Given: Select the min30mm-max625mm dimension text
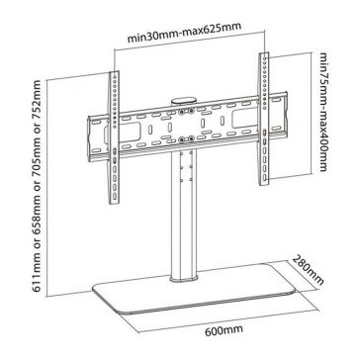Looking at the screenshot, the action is point(185,33).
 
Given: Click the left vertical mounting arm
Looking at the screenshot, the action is point(114,137).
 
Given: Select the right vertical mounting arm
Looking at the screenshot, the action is point(264,119).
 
